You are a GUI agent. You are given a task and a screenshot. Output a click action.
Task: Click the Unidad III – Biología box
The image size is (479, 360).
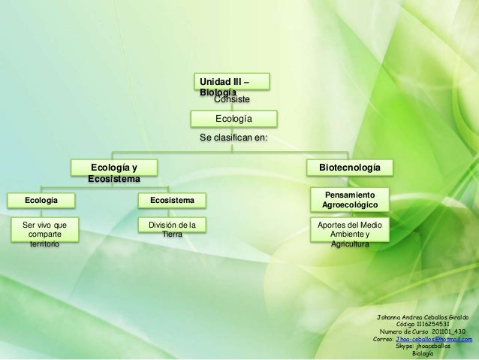coord(232,83)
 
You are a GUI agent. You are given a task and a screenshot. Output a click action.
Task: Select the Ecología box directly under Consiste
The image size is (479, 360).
coord(233,119)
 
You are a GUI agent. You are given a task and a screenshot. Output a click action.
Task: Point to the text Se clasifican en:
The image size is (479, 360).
coord(233,138)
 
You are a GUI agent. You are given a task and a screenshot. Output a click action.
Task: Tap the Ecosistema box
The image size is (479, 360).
coord(172,201)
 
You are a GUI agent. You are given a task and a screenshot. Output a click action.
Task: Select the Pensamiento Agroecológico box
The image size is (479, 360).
coord(350,200)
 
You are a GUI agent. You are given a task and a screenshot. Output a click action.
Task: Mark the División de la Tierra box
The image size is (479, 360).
coord(172,229)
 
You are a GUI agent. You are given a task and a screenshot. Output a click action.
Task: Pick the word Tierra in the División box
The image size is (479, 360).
coord(172,234)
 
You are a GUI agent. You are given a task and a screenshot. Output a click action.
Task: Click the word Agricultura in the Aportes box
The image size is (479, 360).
coord(350,244)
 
